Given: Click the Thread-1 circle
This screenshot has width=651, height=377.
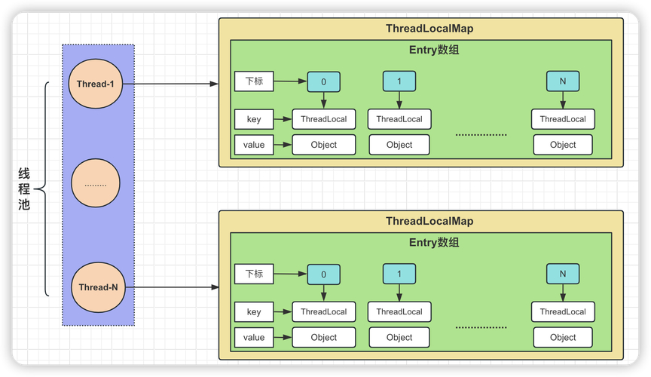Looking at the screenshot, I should tap(96, 84).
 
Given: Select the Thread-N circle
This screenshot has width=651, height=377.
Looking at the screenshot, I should tap(98, 287).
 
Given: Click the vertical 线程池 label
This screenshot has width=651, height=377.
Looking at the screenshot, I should tap(24, 188).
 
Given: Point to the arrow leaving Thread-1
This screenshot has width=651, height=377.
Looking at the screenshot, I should tap(170, 84).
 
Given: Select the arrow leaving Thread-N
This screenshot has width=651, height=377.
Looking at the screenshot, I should tap(170, 287).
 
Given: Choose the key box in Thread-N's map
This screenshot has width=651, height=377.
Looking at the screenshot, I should tap(254, 312).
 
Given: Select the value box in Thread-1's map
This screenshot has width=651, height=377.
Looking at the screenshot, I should tap(254, 145).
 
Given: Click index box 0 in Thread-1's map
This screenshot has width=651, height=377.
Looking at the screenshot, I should tap(323, 81).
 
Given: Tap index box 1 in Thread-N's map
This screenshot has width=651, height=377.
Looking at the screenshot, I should tap(399, 274).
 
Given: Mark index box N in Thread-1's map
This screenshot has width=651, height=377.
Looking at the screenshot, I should tap(563, 81).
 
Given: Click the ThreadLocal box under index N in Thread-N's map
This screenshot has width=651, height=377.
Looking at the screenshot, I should tap(563, 312).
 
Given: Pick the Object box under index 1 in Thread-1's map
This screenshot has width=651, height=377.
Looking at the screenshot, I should tap(399, 145).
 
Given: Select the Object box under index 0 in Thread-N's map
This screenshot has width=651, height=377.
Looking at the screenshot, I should tap(323, 338).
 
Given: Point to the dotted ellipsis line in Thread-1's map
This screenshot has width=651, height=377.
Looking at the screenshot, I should tap(481, 135).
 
